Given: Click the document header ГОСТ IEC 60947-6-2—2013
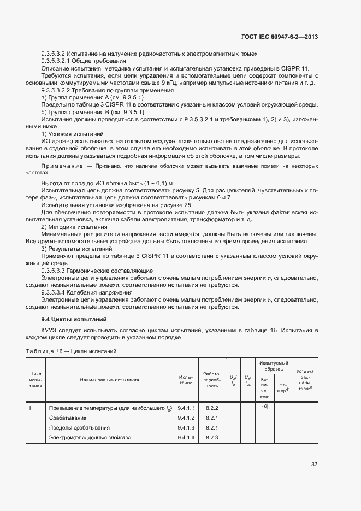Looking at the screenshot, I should tap(279, 37).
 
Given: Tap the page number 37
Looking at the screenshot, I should tap(314, 465).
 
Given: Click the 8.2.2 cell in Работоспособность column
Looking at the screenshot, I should tap(212, 408).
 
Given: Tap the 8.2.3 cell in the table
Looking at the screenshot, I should tap(212, 437).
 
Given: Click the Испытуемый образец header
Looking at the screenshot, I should tap(274, 366).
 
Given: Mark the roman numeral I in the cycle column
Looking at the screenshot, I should tap(30, 408).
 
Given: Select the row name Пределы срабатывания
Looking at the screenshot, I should tap(80, 427).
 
